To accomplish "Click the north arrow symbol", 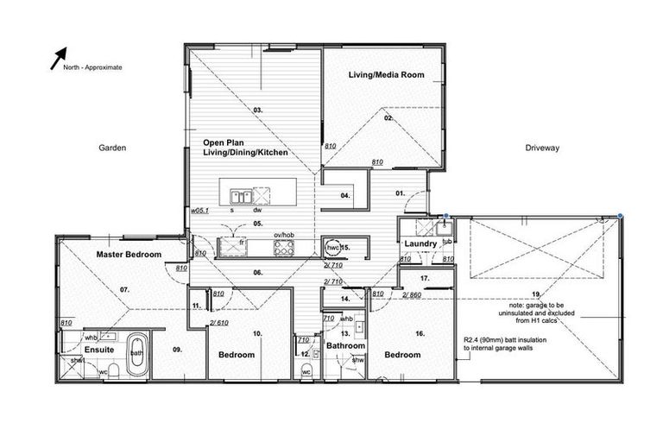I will pos(60,58).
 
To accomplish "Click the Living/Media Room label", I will pos(386,75).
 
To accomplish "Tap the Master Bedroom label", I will pos(129,255).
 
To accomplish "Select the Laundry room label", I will pos(420,244).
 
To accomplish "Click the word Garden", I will pos(112,148).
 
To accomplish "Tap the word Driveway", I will pos(542,148).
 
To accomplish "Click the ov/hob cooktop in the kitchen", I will pos(284,248).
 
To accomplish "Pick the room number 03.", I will pos(257,110).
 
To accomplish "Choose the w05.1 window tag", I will pos(200,209).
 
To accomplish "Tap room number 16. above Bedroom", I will pos(420,332).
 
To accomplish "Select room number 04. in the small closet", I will pos(344,196).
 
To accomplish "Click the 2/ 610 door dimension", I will pos(218,323).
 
